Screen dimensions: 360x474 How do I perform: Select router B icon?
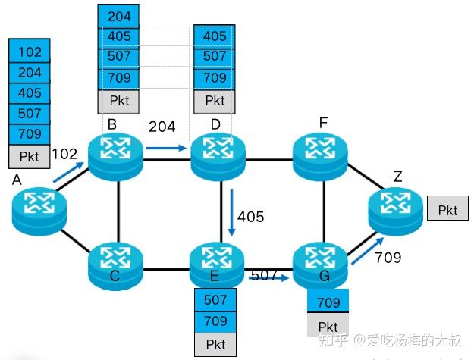coord(115,154)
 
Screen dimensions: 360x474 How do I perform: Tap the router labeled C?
coord(115,261)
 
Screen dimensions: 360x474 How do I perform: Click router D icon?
coord(218,154)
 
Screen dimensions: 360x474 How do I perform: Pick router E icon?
coord(218,261)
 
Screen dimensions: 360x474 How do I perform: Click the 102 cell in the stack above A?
coord(30,52)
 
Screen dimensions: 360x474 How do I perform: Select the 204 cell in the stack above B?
coord(119,16)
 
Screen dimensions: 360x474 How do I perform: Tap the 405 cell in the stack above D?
coord(215,36)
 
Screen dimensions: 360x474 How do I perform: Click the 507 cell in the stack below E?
coord(215,300)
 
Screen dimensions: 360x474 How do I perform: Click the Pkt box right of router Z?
coord(448,210)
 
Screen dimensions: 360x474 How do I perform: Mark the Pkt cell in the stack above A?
coord(30,157)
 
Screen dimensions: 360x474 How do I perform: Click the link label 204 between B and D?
coord(163,127)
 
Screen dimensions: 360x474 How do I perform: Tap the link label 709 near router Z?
coord(388,258)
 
